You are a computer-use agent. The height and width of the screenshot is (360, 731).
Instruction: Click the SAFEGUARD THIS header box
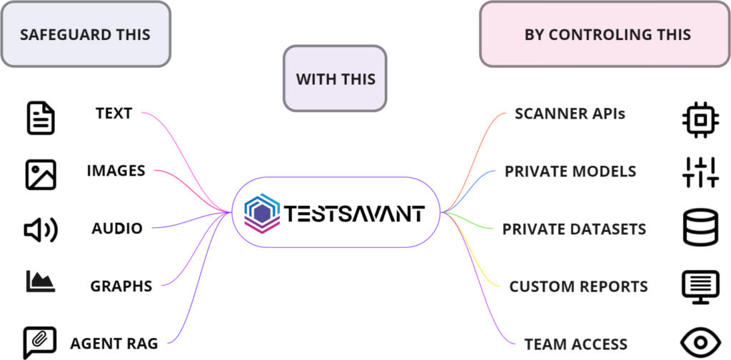(86, 34)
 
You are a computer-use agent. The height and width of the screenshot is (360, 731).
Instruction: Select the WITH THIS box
(335, 78)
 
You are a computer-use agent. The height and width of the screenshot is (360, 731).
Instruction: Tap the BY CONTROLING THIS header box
(607, 34)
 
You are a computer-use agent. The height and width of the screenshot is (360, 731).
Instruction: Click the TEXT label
(114, 113)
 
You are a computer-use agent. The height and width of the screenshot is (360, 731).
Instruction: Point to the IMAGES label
(116, 171)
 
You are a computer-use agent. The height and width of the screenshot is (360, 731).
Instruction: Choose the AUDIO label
(117, 229)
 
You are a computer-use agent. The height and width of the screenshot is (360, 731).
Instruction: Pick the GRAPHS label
(121, 286)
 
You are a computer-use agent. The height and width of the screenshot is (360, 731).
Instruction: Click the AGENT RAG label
(114, 343)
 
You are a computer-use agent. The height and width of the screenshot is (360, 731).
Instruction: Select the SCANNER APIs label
(570, 113)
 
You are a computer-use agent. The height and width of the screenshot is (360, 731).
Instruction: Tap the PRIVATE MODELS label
(570, 171)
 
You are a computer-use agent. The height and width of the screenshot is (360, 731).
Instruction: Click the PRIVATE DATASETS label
(574, 229)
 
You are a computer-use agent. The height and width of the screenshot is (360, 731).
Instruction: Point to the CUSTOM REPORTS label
(578, 286)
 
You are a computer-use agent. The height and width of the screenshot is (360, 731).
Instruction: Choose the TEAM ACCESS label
(575, 344)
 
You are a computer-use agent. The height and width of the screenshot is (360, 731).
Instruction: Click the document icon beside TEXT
(40, 117)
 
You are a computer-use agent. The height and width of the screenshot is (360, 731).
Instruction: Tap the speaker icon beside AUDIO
(41, 229)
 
